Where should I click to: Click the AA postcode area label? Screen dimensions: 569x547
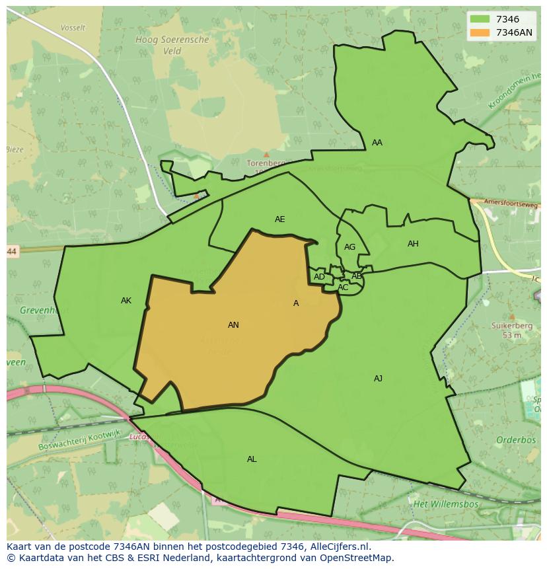click(x=377, y=143)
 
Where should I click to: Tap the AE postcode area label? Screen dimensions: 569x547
click(x=280, y=219)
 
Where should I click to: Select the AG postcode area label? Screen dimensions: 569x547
click(x=349, y=247)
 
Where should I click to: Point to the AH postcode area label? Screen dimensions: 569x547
click(x=413, y=244)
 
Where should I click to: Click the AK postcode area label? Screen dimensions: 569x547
click(x=126, y=301)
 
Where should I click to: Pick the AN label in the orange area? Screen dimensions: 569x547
click(x=233, y=325)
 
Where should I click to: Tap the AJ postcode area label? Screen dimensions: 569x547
click(x=378, y=379)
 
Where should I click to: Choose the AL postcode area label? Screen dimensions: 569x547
click(x=252, y=459)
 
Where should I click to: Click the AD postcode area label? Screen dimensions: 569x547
click(x=319, y=277)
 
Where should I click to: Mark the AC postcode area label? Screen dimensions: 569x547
click(x=343, y=287)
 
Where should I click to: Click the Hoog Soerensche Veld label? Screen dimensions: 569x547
click(x=172, y=45)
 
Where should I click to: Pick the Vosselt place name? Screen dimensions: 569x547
click(x=73, y=28)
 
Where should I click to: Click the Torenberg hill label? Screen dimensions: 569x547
click(x=264, y=163)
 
